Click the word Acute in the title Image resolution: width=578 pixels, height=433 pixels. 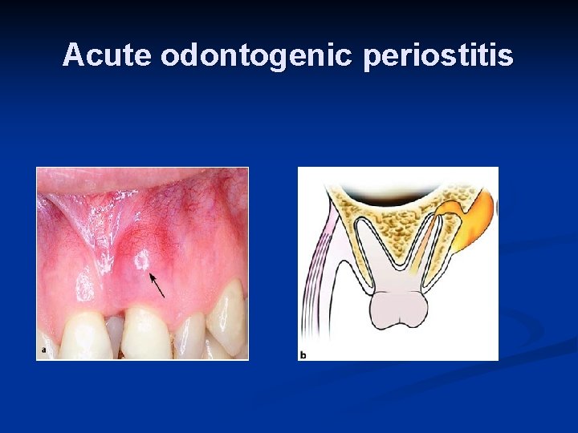click(108, 55)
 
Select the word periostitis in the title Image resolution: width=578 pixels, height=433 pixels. click(438, 56)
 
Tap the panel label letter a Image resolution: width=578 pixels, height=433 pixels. click(43, 350)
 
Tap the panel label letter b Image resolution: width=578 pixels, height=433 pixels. click(303, 354)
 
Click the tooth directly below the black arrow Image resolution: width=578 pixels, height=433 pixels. click(145, 331)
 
